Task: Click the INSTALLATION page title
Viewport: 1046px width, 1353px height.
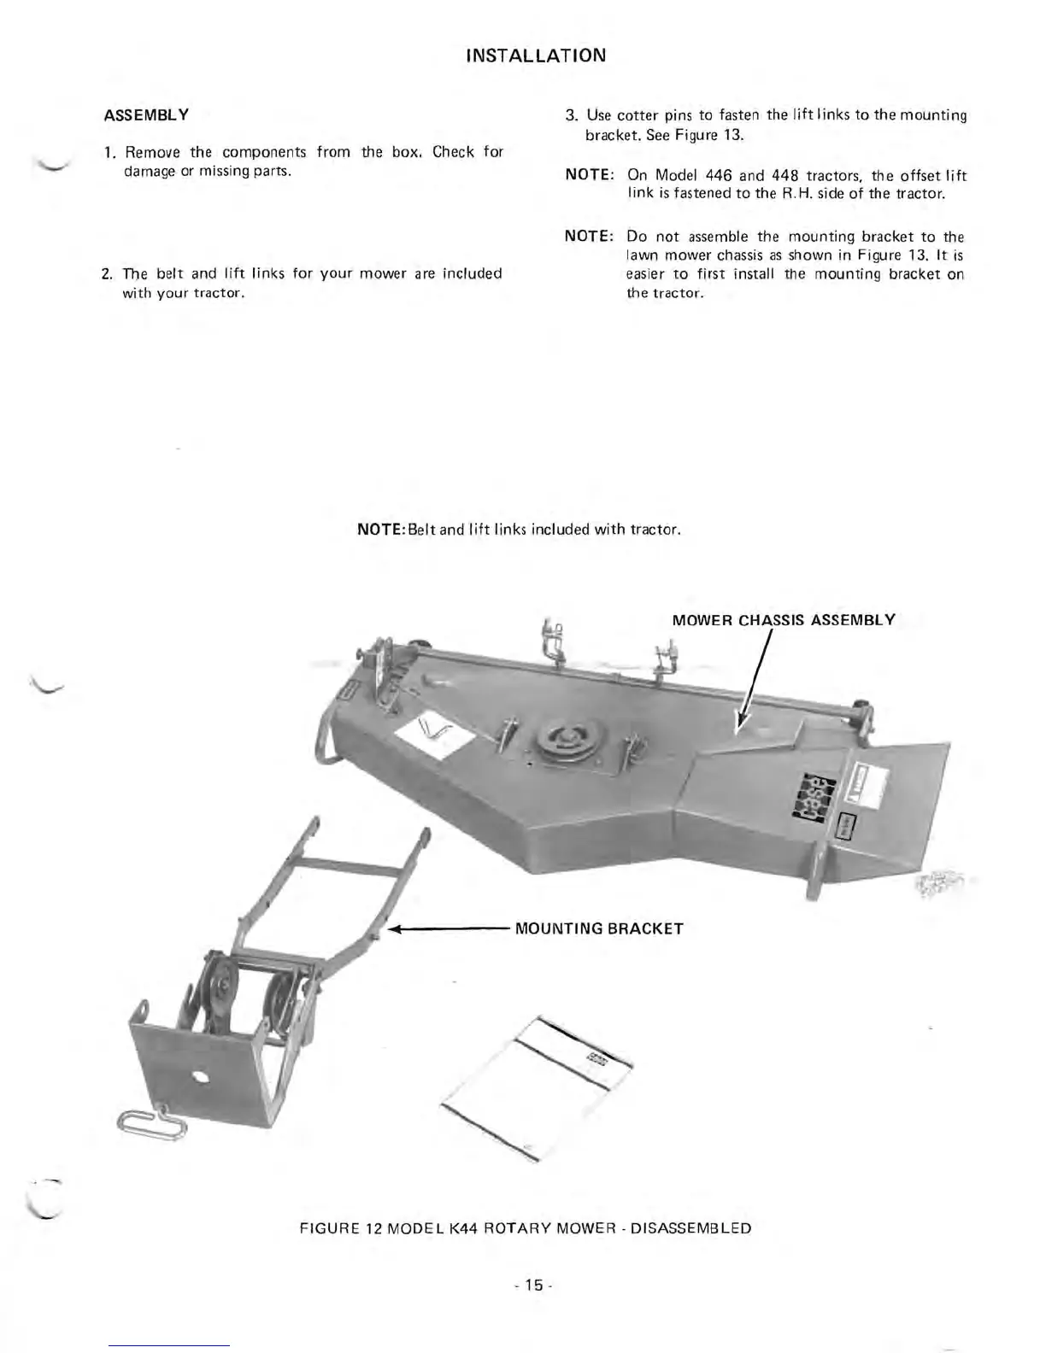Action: [536, 56]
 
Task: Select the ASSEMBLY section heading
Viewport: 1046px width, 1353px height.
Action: [146, 114]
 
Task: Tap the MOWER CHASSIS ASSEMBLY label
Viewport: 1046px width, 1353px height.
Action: [784, 619]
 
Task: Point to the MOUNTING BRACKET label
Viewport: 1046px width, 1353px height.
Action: [599, 928]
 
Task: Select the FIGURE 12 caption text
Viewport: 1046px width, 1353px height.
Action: [526, 1228]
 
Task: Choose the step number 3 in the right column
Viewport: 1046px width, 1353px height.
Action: [571, 115]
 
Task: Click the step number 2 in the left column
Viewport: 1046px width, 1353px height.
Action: [105, 274]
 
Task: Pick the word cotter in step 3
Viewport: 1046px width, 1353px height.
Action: [637, 115]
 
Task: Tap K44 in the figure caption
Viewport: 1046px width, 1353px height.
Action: [464, 1228]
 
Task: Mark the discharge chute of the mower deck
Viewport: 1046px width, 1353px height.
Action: [897, 811]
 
